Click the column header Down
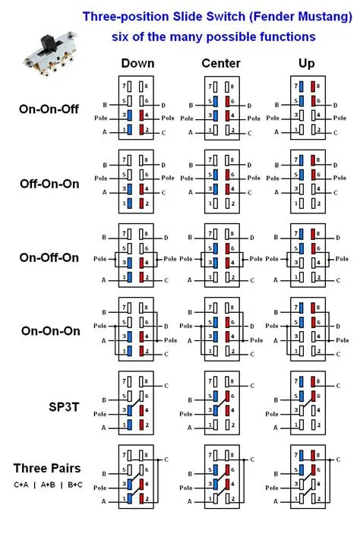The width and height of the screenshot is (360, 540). (137, 64)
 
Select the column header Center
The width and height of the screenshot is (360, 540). (221, 64)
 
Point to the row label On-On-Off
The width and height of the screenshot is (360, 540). (49, 109)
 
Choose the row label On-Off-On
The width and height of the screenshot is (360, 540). (49, 257)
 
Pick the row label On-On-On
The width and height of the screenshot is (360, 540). (49, 331)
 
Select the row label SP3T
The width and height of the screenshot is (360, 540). (61, 406)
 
